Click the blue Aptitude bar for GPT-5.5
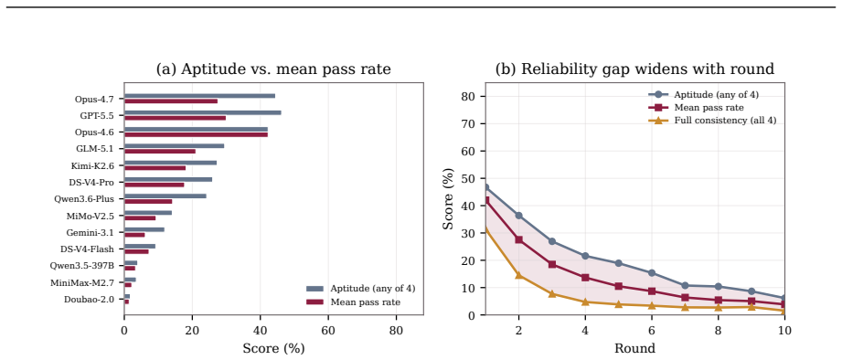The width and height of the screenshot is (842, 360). pyautogui.click(x=202, y=112)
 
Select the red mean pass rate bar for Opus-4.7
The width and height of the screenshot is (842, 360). pyautogui.click(x=171, y=101)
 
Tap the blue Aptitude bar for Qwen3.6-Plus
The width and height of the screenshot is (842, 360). pyautogui.click(x=165, y=196)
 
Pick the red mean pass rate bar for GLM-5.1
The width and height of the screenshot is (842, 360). pyautogui.click(x=160, y=152)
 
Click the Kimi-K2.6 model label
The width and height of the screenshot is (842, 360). pyautogui.click(x=92, y=165)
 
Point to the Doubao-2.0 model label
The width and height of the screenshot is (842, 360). pyautogui.click(x=90, y=299)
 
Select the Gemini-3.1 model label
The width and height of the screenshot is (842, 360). pyautogui.click(x=91, y=232)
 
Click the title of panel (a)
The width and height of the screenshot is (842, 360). pyautogui.click(x=273, y=69)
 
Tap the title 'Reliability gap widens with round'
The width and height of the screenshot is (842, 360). pyautogui.click(x=647, y=69)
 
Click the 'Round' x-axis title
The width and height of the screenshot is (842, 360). pyautogui.click(x=634, y=348)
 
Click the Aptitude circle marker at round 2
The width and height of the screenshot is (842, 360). pyautogui.click(x=518, y=215)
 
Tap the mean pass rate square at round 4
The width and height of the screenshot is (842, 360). pyautogui.click(x=585, y=278)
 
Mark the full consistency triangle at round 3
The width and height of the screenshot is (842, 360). pyautogui.click(x=552, y=293)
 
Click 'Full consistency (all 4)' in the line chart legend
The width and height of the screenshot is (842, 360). pyautogui.click(x=725, y=121)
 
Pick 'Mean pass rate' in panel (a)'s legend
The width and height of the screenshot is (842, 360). pyautogui.click(x=365, y=302)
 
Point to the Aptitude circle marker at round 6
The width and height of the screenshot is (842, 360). pyautogui.click(x=651, y=272)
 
